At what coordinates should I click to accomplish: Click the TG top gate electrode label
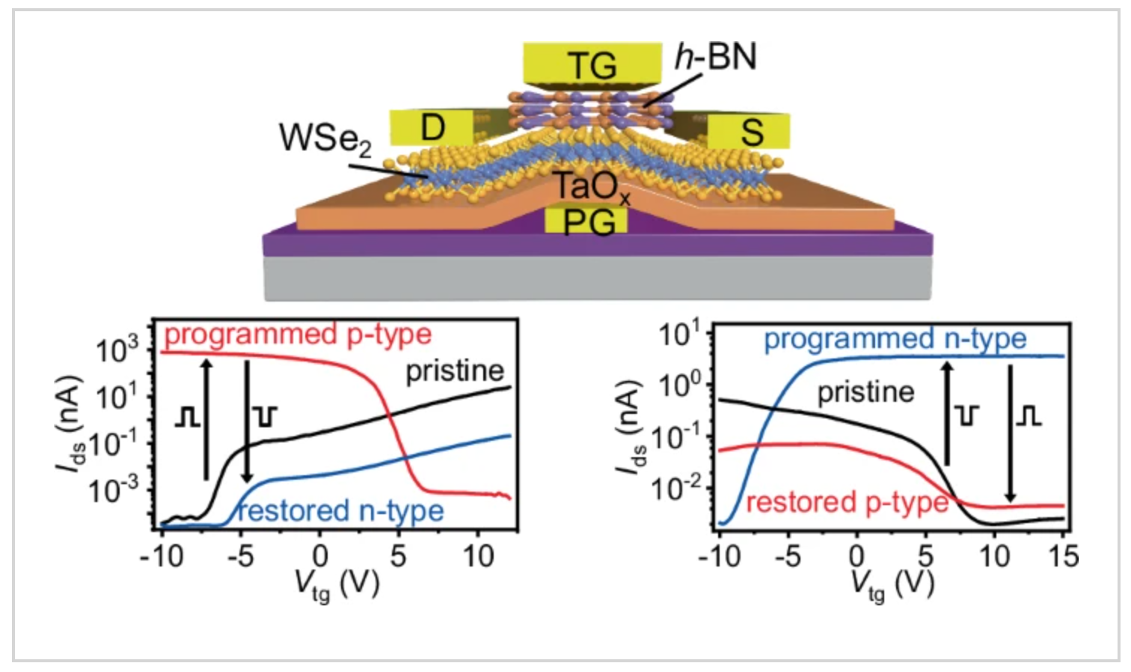[592, 65]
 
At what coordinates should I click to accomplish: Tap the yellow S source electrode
[750, 132]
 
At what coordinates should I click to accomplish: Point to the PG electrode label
[588, 222]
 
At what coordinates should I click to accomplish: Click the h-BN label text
[716, 57]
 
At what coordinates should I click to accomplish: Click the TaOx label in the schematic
[591, 187]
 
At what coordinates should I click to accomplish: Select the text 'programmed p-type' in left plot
[298, 335]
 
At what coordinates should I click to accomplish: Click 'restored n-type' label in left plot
[341, 511]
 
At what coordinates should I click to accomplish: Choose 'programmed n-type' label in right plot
[895, 339]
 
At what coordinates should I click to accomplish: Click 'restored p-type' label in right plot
[847, 502]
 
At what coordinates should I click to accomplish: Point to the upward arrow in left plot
[206, 419]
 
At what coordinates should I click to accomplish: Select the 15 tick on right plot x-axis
[1063, 557]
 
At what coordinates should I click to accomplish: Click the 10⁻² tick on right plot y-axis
[676, 489]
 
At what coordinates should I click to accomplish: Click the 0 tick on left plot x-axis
[320, 557]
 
